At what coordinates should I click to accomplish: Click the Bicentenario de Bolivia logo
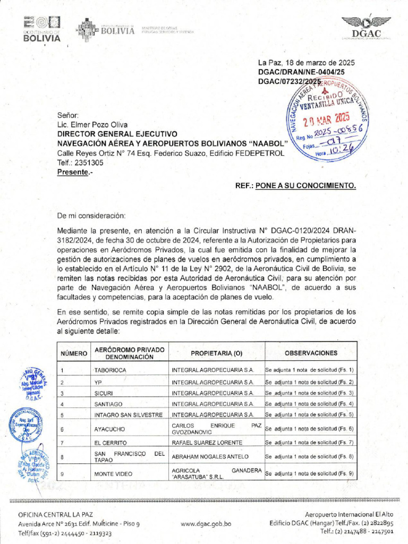[42, 29]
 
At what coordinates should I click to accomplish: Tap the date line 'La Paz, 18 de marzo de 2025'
[306, 62]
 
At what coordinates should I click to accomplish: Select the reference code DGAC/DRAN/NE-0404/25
[301, 71]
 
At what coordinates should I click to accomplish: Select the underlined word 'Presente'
[73, 172]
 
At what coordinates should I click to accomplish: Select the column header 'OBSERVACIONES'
[311, 353]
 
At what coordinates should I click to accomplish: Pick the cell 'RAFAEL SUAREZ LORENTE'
[207, 443]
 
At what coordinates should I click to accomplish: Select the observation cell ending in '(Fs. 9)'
[309, 473]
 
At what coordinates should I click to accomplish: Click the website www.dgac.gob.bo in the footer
[206, 524]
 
